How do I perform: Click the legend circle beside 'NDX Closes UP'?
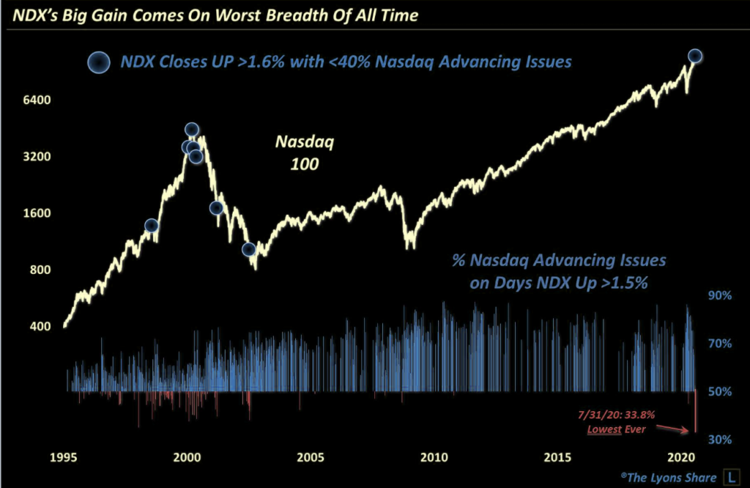click(x=98, y=63)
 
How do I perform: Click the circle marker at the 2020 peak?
click(x=695, y=56)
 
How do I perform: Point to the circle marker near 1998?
click(x=151, y=225)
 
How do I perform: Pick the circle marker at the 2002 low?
click(x=249, y=249)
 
